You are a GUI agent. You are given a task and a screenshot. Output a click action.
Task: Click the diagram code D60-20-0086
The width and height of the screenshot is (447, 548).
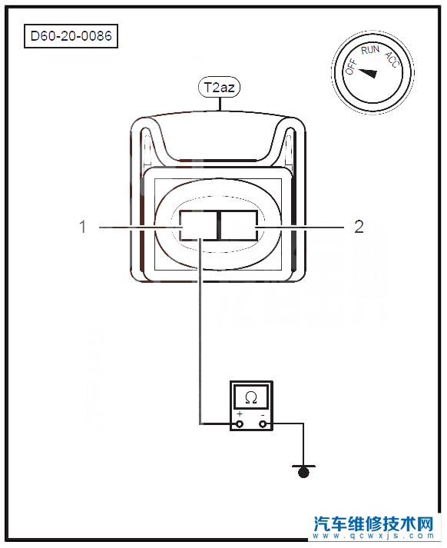[71, 36]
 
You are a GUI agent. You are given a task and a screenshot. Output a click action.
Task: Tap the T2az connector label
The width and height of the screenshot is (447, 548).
[220, 87]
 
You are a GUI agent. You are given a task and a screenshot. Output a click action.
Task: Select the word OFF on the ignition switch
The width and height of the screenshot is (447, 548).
[351, 66]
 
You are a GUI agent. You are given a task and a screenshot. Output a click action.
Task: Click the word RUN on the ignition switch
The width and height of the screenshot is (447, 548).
[370, 50]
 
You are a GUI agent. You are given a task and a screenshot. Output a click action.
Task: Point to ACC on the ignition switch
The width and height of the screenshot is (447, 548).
[392, 59]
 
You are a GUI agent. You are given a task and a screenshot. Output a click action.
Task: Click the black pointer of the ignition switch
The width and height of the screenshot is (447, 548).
[368, 73]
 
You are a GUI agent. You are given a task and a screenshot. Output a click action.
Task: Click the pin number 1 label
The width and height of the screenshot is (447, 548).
[83, 227]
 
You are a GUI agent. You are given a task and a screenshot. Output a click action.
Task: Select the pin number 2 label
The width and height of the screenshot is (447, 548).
[359, 227]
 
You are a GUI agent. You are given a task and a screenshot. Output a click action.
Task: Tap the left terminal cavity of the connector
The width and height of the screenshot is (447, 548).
[198, 225]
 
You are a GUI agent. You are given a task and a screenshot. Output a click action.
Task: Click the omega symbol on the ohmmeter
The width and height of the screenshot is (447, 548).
[251, 397]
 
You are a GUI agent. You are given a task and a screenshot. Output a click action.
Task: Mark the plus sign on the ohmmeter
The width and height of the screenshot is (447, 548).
[240, 414]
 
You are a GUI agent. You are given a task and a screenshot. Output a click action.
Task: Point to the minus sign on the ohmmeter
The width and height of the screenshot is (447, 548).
[263, 415]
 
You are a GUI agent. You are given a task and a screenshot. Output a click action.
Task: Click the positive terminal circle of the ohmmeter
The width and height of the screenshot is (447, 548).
[240, 424]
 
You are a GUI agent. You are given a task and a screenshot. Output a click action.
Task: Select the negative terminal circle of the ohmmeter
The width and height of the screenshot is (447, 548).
[263, 424]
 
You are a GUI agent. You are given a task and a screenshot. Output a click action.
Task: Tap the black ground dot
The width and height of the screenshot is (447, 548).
[303, 473]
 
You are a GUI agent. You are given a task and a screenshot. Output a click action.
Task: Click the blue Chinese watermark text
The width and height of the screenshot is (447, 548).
[373, 523]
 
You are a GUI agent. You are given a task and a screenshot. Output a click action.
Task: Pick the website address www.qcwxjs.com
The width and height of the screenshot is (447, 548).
[373, 536]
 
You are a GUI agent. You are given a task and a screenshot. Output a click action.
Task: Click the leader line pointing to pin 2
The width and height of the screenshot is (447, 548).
[300, 228]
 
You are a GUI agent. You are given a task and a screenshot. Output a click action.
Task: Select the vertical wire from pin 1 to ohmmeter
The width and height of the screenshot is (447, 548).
[200, 331]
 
